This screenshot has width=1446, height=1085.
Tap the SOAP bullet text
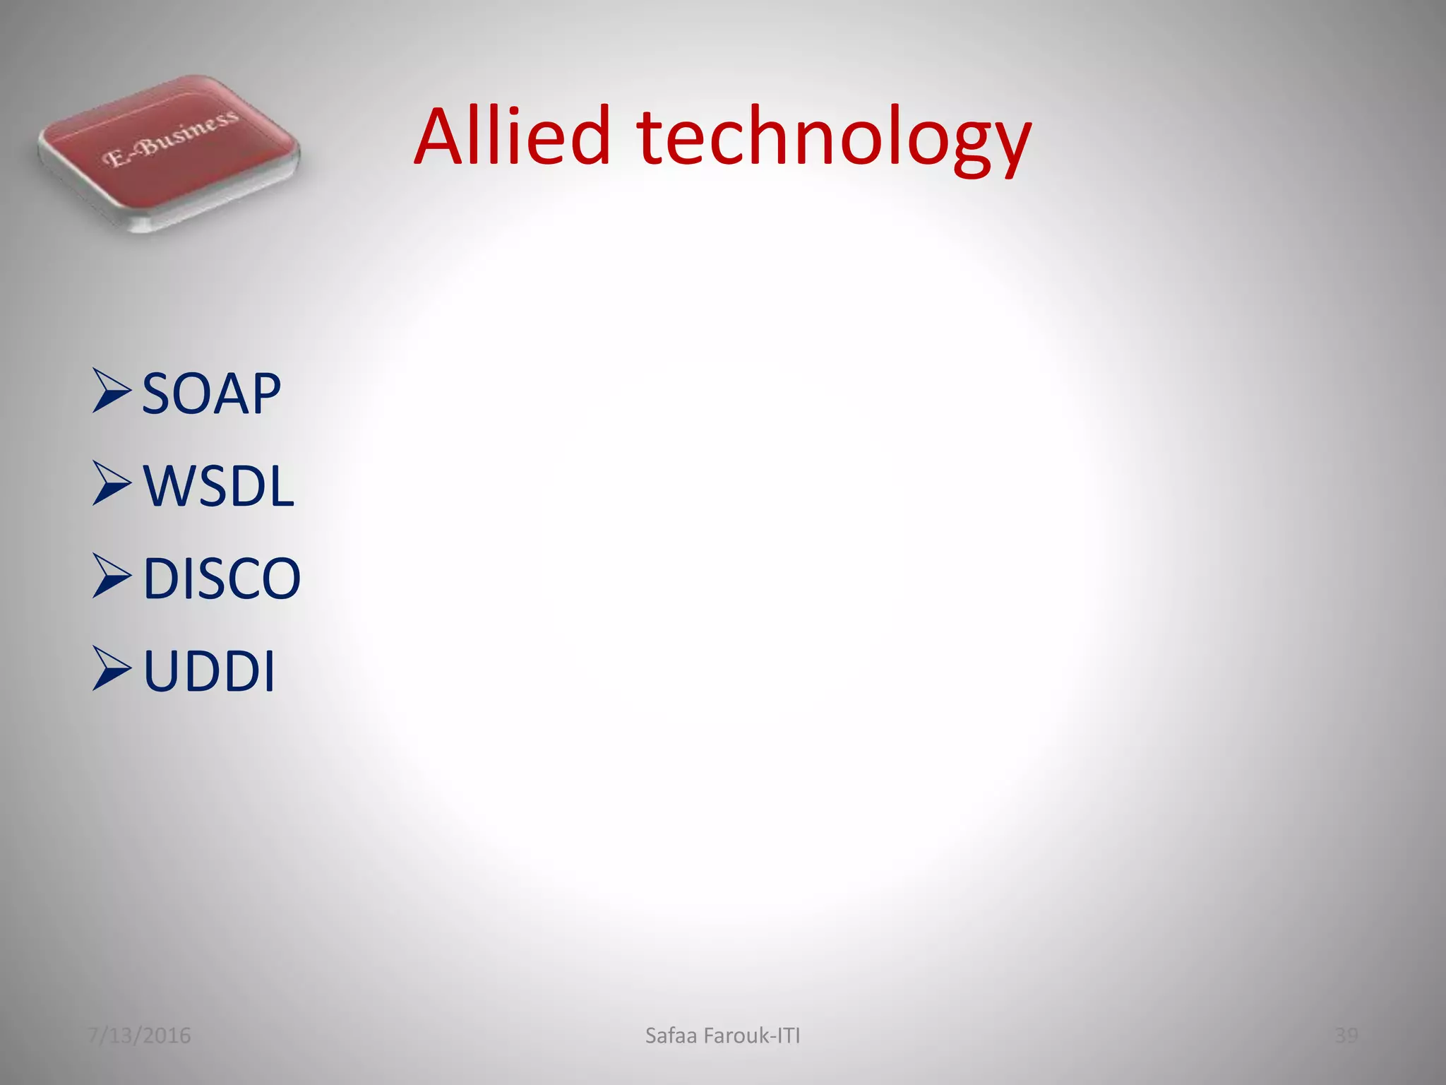click(x=211, y=393)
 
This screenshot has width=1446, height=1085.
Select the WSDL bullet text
click(x=218, y=486)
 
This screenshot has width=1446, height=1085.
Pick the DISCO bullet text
click(x=222, y=579)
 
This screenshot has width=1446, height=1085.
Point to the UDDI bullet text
click(x=209, y=671)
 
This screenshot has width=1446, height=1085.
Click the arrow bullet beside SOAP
click(x=112, y=391)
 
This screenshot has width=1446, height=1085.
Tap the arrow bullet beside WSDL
click(x=112, y=483)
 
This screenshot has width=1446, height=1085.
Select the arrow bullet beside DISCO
click(x=112, y=576)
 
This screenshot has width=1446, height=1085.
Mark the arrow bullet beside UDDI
click(x=112, y=668)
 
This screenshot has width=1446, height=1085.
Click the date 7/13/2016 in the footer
click(x=139, y=1036)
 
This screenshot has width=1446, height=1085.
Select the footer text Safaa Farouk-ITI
click(x=722, y=1036)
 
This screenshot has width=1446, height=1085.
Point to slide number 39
click(x=1346, y=1036)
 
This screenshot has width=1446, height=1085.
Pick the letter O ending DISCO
click(x=282, y=579)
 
